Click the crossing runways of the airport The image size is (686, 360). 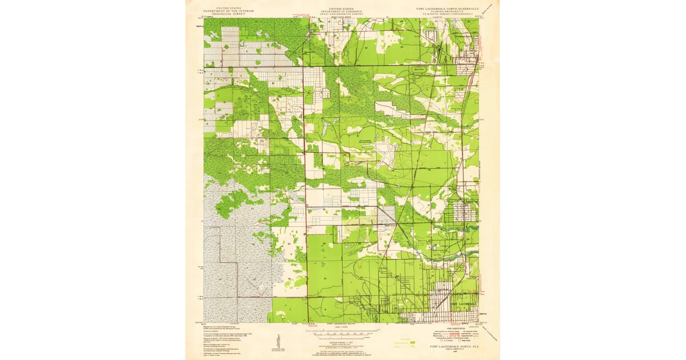point(386,154)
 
